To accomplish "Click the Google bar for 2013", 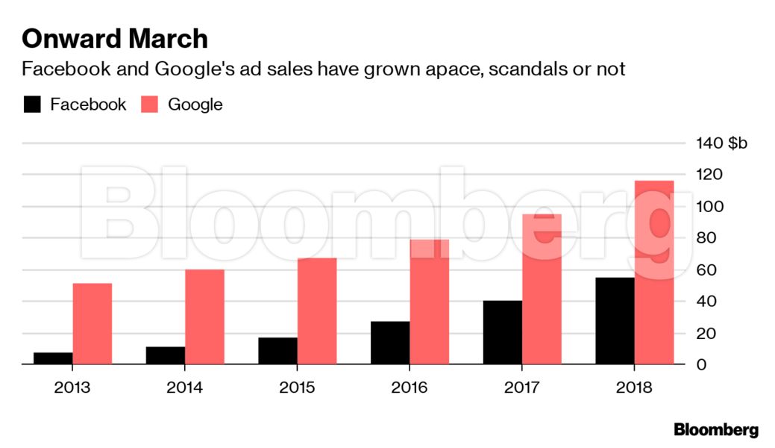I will coord(92,324).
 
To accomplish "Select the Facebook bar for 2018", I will coord(615,321).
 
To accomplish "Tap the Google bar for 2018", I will coord(654,273).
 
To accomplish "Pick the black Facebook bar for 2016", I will coord(390,343).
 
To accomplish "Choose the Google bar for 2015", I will coord(317,311).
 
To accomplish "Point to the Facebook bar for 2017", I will coord(503,332).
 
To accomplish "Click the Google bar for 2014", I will coord(204,317).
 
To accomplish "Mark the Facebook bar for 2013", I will coord(53,358).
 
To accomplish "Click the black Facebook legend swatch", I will coord(32,105).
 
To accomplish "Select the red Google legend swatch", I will coord(149,105).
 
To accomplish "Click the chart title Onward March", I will coord(114,39).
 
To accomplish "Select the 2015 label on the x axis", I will coord(297,388).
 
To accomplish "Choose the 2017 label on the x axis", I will coord(522,388).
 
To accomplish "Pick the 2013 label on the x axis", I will coord(72,388).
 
